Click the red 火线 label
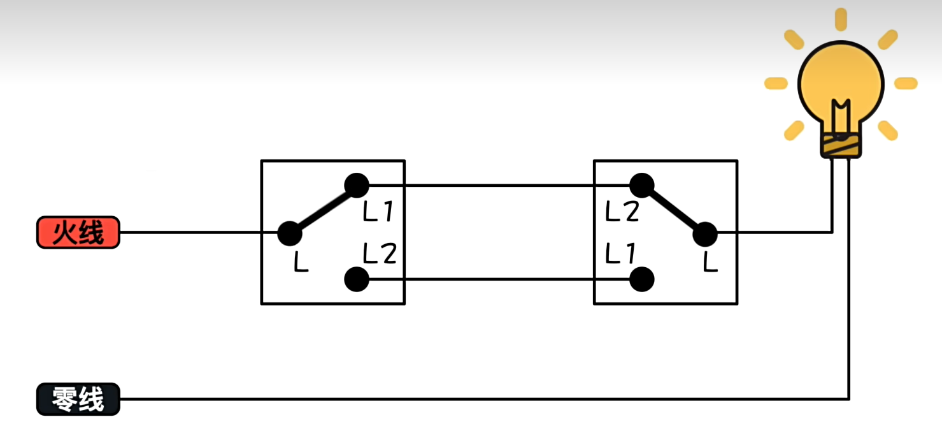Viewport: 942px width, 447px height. click(x=78, y=232)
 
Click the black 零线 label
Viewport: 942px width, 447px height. click(x=78, y=399)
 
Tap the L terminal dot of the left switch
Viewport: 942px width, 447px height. click(x=289, y=233)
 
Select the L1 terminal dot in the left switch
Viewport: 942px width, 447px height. click(x=356, y=186)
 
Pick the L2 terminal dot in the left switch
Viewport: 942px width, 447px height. click(x=356, y=279)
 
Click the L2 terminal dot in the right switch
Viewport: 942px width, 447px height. click(x=642, y=186)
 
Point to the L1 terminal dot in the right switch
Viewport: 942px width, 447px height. click(x=642, y=279)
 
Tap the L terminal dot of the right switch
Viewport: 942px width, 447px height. click(x=704, y=234)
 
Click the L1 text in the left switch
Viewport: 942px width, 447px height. click(x=380, y=212)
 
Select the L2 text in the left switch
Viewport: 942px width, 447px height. click(x=380, y=254)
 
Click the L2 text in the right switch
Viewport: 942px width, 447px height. click(x=622, y=212)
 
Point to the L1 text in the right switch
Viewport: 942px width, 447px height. click(x=620, y=254)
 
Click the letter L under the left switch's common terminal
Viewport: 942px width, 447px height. click(x=301, y=263)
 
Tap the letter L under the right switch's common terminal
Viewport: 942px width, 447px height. click(x=710, y=262)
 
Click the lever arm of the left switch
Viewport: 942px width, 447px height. click(x=323, y=210)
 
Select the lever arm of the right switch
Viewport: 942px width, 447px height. click(x=673, y=210)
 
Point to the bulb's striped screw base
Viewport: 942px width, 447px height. click(x=841, y=147)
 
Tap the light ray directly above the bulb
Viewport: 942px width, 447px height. click(x=841, y=19)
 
